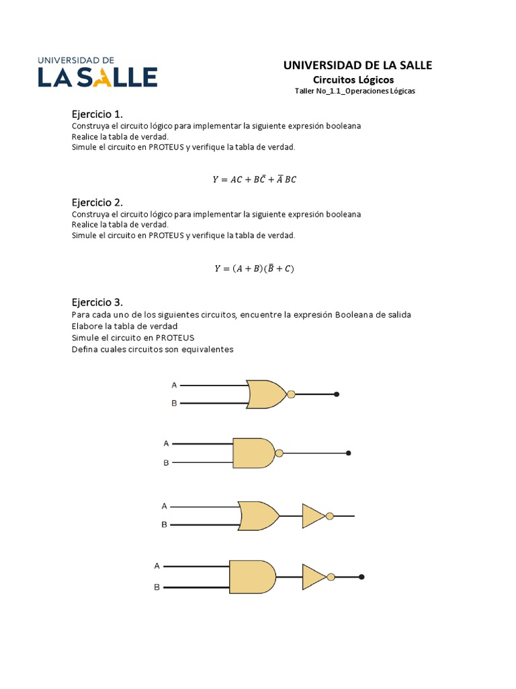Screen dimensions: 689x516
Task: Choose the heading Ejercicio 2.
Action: pyautogui.click(x=97, y=202)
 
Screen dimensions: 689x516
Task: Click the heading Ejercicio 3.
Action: pyautogui.click(x=97, y=301)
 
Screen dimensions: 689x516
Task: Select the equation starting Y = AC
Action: pyautogui.click(x=254, y=179)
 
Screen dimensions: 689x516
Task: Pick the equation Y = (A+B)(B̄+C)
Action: pyautogui.click(x=254, y=268)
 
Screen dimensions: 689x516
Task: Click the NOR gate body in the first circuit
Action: pyautogui.click(x=265, y=394)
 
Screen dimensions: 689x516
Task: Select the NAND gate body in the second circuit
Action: pyautogui.click(x=253, y=453)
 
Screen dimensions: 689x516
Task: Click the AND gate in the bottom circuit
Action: pyautogui.click(x=251, y=577)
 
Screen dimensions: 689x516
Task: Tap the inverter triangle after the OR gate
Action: pyautogui.click(x=313, y=516)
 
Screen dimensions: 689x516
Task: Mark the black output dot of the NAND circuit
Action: pyautogui.click(x=348, y=454)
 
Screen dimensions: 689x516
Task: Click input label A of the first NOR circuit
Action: pyautogui.click(x=174, y=385)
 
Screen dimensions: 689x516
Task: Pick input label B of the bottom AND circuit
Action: pyautogui.click(x=157, y=587)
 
